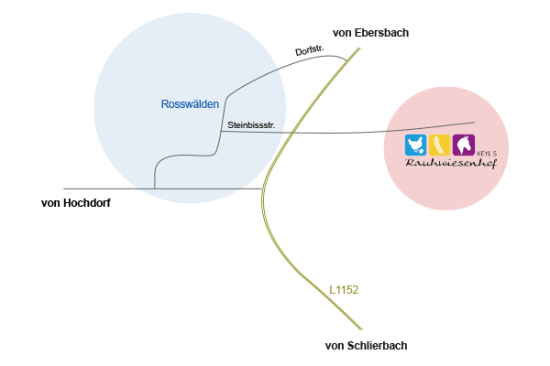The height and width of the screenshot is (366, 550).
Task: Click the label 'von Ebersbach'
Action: pyautogui.click(x=370, y=33)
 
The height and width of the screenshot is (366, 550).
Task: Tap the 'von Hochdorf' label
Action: pyautogui.click(x=76, y=202)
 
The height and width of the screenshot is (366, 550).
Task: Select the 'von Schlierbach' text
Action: pyautogui.click(x=366, y=346)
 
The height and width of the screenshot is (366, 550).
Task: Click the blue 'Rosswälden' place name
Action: pyautogui.click(x=190, y=104)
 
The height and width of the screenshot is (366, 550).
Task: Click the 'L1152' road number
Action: pyautogui.click(x=344, y=290)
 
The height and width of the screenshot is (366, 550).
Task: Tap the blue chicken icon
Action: pyautogui.click(x=415, y=145)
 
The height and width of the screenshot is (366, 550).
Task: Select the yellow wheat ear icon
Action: pyautogui.click(x=439, y=145)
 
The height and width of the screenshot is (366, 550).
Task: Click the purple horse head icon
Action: pyautogui.click(x=463, y=145)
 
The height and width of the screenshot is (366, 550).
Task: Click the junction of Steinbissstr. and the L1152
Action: pyautogui.click(x=291, y=133)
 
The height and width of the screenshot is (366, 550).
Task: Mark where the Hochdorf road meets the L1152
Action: pyautogui.click(x=263, y=189)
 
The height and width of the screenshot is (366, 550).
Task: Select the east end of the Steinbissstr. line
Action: pyautogui.click(x=475, y=123)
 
